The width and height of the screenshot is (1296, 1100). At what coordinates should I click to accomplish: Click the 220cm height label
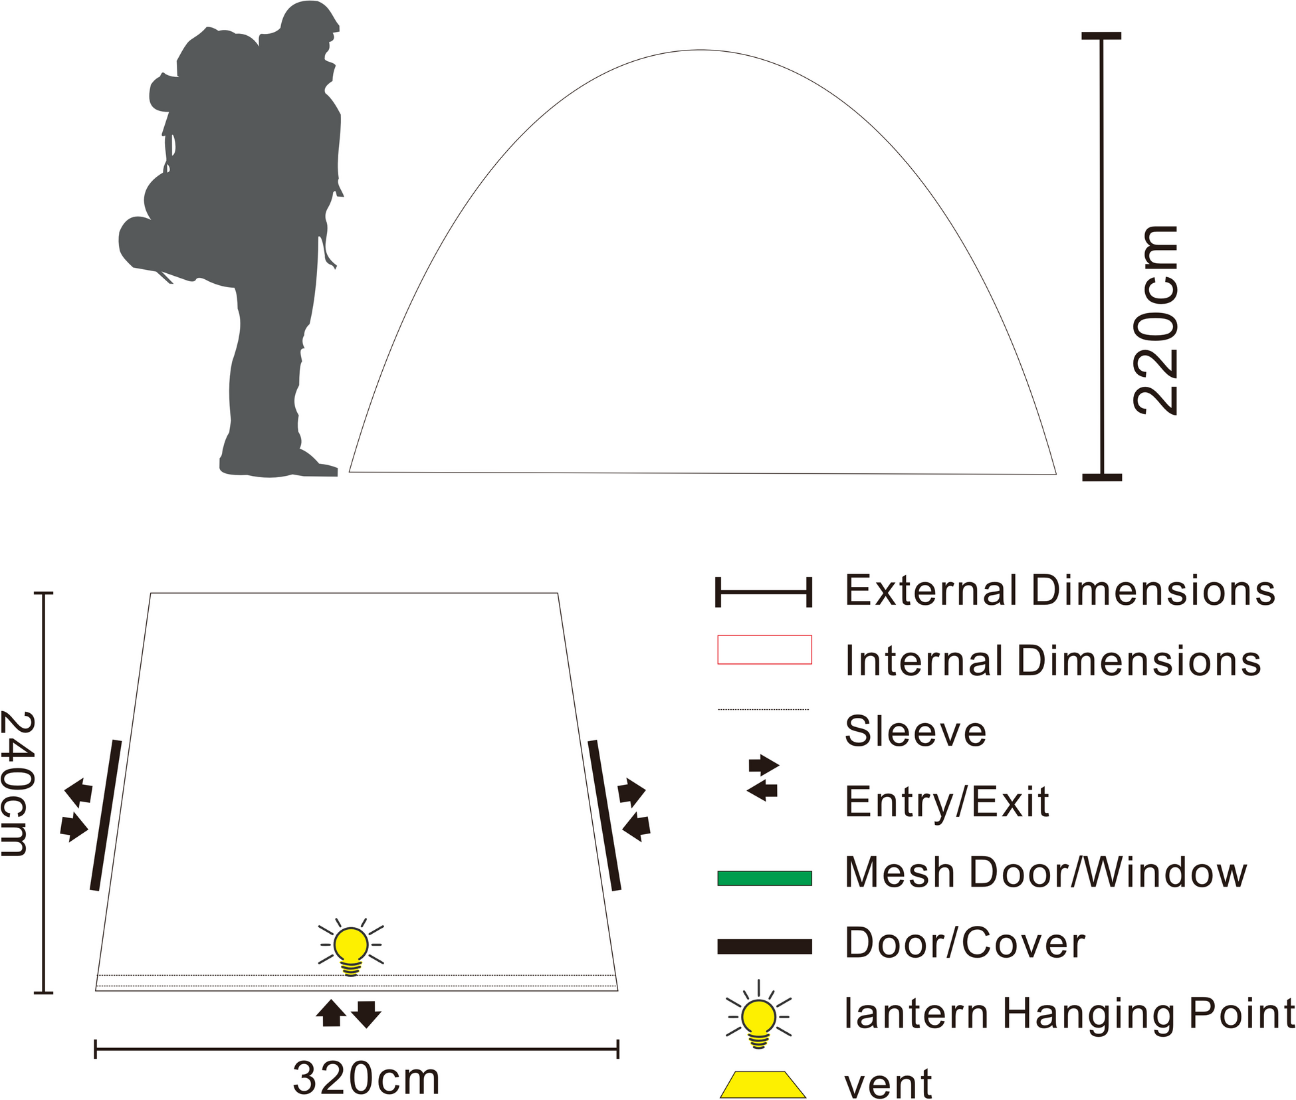point(1156,320)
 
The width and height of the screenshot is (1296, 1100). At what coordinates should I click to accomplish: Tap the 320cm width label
point(366,1078)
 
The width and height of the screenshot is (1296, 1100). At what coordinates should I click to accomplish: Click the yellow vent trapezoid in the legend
point(762,1084)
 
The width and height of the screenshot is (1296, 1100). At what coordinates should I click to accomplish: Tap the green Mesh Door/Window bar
point(764,878)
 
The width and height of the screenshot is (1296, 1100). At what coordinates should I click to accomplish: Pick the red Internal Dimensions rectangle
point(764,649)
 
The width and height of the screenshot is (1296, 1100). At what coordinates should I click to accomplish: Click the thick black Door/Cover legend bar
point(764,946)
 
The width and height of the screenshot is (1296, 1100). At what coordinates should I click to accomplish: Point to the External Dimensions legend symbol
point(764,592)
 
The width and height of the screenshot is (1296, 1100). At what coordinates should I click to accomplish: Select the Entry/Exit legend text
point(946,802)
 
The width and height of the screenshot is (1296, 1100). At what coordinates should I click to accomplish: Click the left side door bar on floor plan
point(106,815)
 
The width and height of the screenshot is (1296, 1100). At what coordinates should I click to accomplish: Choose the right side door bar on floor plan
point(604,815)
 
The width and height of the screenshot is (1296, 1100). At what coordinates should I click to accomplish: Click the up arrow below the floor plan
point(330,1014)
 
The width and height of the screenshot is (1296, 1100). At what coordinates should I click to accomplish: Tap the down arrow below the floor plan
point(366,1014)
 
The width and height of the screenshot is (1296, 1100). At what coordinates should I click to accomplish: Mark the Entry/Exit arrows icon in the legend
point(763,778)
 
